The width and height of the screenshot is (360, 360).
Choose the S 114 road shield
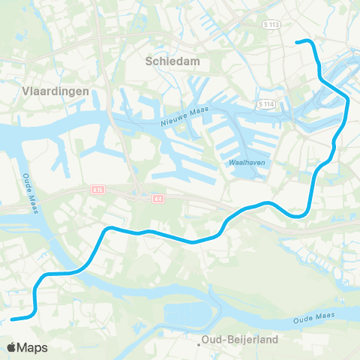[263, 103]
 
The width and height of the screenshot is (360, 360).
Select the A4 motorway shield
[157, 198]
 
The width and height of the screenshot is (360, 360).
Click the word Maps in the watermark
[34, 347]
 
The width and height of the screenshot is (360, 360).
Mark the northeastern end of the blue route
[298, 42]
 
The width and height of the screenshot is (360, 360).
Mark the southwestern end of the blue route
[13, 319]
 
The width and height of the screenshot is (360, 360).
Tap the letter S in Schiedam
[151, 63]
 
